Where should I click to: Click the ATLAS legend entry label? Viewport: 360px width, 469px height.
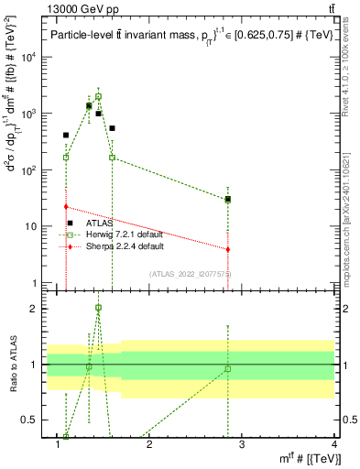point(100,223)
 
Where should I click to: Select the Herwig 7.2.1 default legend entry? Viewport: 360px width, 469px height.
point(124,234)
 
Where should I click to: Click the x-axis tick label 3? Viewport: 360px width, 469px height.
point(242,443)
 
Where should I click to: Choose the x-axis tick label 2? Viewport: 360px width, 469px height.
point(149,443)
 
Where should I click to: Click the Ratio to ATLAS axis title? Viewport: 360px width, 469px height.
point(13,365)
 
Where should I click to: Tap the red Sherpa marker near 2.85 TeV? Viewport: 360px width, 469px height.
point(227,249)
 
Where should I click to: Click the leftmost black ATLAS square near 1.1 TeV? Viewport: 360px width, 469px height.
point(66,136)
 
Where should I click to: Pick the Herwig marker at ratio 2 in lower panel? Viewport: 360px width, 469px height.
point(98,308)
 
